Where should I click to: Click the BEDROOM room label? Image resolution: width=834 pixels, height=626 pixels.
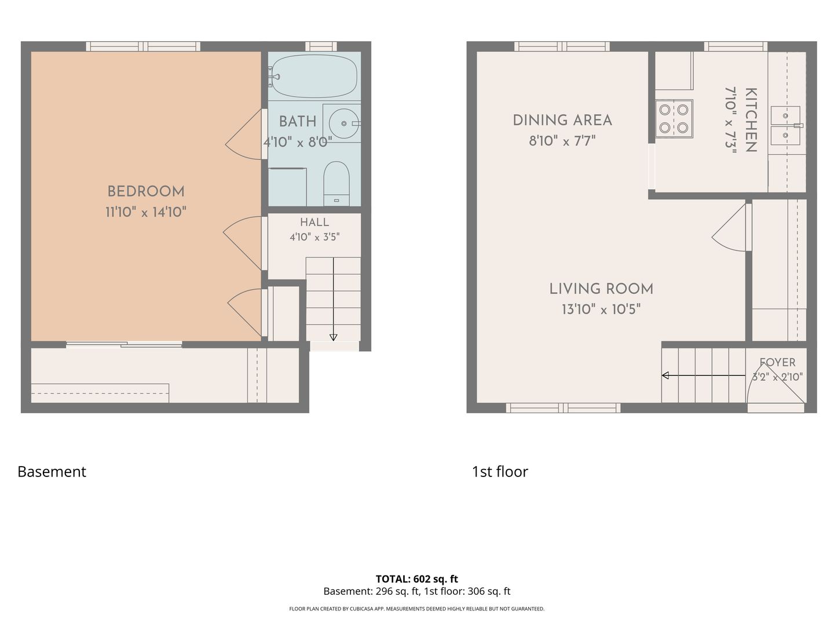point(146,191)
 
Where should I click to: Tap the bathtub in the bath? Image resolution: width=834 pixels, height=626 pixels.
point(314,76)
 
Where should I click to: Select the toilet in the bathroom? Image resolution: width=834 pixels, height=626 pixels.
point(336,183)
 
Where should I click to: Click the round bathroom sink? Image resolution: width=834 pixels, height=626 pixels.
point(344,123)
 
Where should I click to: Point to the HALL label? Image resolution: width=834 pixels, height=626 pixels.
point(314,223)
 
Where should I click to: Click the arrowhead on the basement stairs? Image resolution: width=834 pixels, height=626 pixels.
point(333,337)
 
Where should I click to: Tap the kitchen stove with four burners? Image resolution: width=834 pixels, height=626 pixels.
point(674,119)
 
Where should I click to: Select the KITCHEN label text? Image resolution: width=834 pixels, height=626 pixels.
point(751,120)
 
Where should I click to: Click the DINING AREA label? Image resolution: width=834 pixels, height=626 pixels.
point(562,121)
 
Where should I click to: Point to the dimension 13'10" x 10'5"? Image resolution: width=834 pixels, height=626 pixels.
point(601,310)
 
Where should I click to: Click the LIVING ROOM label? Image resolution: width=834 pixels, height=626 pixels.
point(601,289)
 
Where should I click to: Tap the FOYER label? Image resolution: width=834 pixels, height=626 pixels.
point(777,362)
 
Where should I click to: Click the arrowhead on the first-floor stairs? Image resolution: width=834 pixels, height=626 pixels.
point(665,376)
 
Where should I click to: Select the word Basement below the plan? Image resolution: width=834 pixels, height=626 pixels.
point(52,472)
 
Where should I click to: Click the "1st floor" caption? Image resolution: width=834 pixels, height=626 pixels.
point(500,472)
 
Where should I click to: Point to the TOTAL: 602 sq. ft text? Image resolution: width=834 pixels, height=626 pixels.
point(417,579)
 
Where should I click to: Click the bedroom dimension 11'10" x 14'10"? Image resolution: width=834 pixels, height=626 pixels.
point(146,212)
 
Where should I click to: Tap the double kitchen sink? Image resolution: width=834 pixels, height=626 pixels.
point(785,126)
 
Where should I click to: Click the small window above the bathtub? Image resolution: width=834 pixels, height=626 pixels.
point(321,46)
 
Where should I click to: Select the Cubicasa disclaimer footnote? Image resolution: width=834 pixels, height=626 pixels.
point(417,609)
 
